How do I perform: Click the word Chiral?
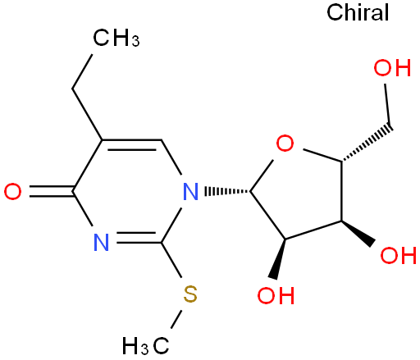pos(358,12)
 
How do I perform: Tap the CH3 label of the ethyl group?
pos(116,38)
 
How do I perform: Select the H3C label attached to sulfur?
pos(145,346)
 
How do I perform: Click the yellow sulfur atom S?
pos(190,294)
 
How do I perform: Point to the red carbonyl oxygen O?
pos(12,192)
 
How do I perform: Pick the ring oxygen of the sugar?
pos(285,143)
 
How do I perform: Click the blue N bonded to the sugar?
pos(190,192)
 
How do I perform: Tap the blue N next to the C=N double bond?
pos(101,243)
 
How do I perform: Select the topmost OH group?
pos(392,67)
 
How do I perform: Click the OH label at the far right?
pos(399,255)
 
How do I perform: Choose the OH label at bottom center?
pos(276,295)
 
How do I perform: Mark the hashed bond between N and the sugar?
pos(227,191)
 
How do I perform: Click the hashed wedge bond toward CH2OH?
pos(367,144)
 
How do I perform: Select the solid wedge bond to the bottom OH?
pos(279,259)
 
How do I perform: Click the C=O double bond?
pos(52,191)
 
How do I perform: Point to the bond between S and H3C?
pos(176,319)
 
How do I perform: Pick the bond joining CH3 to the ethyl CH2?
pos(82,71)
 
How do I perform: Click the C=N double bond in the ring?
pos(139,238)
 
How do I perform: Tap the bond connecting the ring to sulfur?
pos(171,260)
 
